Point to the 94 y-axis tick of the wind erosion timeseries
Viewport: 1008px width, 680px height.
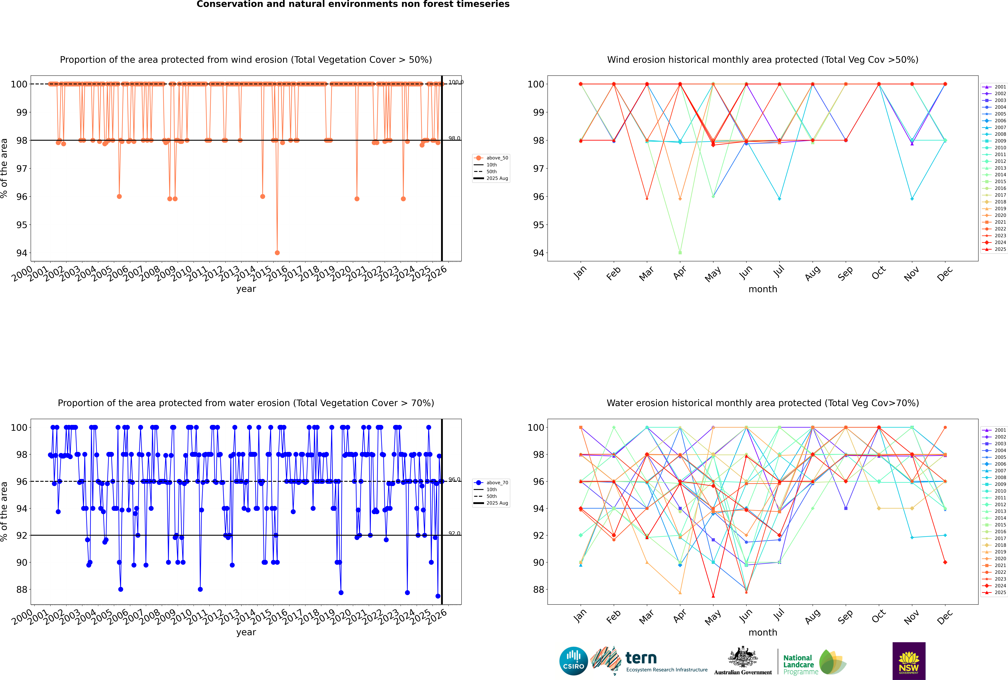[22, 253]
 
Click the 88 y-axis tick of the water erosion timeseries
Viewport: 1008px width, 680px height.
[22, 589]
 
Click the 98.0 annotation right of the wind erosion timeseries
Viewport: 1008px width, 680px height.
[454, 138]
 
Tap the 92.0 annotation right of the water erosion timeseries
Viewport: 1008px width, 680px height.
[454, 533]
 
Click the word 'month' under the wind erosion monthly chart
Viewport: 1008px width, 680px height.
[763, 289]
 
